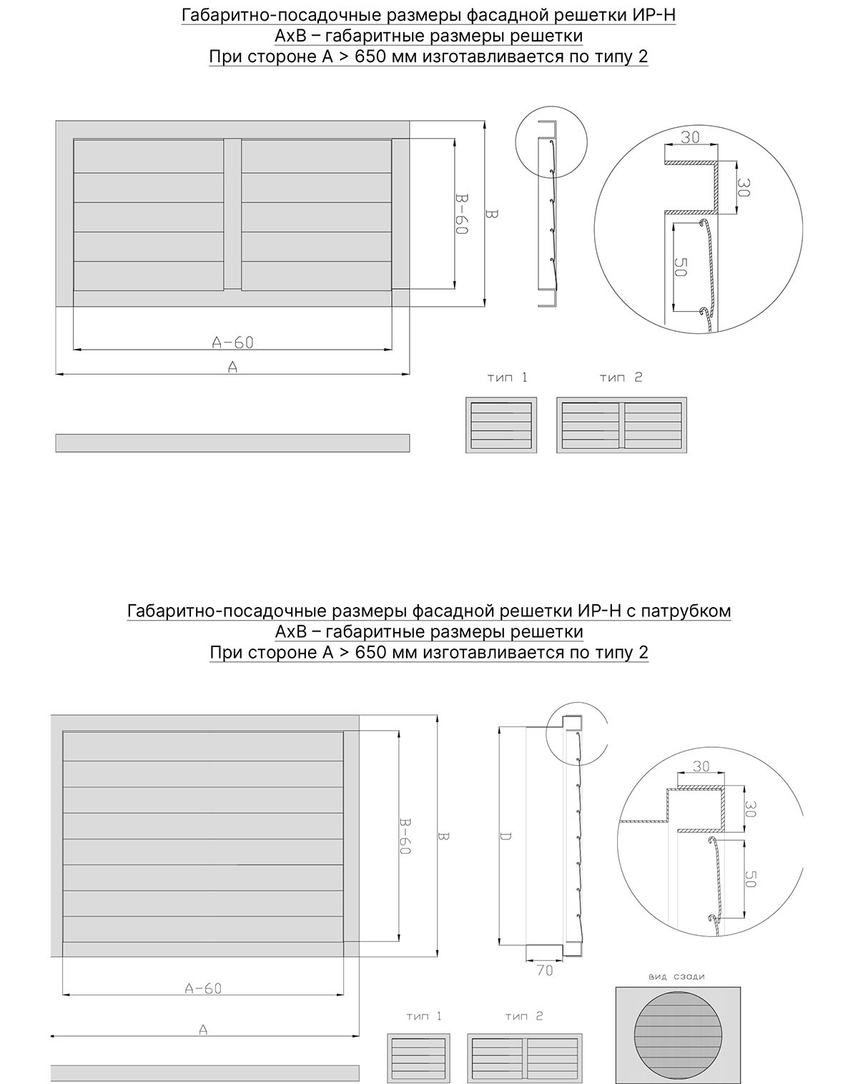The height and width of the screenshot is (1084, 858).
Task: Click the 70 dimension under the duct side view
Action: tap(544, 971)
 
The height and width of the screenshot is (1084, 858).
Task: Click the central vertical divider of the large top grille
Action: tap(232, 214)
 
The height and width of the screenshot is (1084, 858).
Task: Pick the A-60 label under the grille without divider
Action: tap(203, 988)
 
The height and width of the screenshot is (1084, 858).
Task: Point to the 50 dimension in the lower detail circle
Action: tap(750, 879)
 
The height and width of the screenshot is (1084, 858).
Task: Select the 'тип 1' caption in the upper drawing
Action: tap(507, 378)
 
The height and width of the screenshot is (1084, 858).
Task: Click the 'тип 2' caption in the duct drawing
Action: tap(523, 1016)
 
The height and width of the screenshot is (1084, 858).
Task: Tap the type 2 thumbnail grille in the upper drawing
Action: tap(621, 425)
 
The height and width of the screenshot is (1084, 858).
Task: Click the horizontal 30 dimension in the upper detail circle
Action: tap(690, 138)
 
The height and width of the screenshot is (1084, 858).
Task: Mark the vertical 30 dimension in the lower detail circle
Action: tap(750, 809)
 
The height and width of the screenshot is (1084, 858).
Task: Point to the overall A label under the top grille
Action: tap(232, 367)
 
